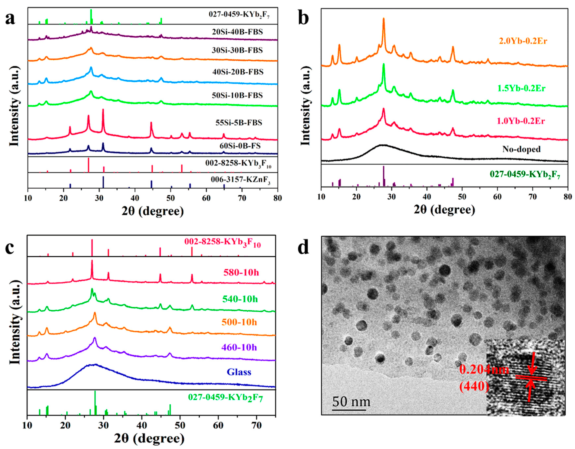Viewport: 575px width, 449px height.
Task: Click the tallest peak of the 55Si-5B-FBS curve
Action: (x=103, y=110)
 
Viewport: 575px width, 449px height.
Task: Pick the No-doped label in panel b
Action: (x=521, y=149)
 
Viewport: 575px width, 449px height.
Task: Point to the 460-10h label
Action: (x=239, y=347)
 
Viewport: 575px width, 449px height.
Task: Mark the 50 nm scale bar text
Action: (x=351, y=402)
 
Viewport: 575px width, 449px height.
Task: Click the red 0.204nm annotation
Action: (x=484, y=370)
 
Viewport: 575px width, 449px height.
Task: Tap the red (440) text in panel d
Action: (x=474, y=386)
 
